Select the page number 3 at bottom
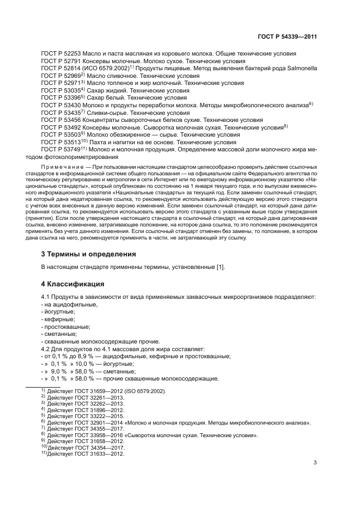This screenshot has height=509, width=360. (315, 463)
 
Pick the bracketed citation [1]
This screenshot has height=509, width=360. (219, 267)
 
